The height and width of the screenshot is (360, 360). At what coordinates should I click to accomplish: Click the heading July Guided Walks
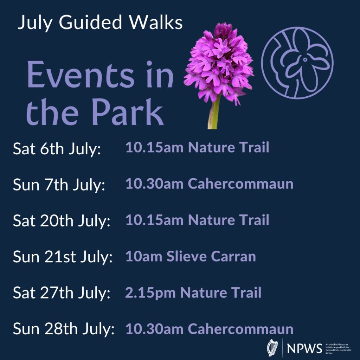click(100, 23)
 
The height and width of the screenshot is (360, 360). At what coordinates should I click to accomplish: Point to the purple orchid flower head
click(219, 63)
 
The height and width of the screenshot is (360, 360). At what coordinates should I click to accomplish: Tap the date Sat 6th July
click(57, 149)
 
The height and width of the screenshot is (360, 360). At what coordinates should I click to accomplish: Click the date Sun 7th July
click(59, 185)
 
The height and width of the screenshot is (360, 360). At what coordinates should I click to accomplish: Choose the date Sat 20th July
click(62, 221)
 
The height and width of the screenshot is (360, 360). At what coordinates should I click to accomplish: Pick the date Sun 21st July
click(63, 257)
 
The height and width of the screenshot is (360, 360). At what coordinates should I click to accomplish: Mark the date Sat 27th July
click(62, 293)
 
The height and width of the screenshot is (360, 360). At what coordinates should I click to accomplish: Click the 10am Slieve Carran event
click(191, 256)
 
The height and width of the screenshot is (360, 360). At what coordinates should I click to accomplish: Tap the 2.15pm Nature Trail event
click(193, 292)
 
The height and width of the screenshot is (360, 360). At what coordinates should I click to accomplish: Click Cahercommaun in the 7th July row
click(240, 184)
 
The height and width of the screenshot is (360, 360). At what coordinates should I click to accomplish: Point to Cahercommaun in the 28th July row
click(240, 329)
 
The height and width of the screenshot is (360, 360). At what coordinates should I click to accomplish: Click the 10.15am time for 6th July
click(154, 148)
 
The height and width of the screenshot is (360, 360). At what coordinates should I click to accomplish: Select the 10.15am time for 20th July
click(154, 220)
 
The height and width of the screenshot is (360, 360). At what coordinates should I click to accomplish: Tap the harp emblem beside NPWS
click(273, 348)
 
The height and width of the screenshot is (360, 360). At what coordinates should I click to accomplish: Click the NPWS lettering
click(304, 349)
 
